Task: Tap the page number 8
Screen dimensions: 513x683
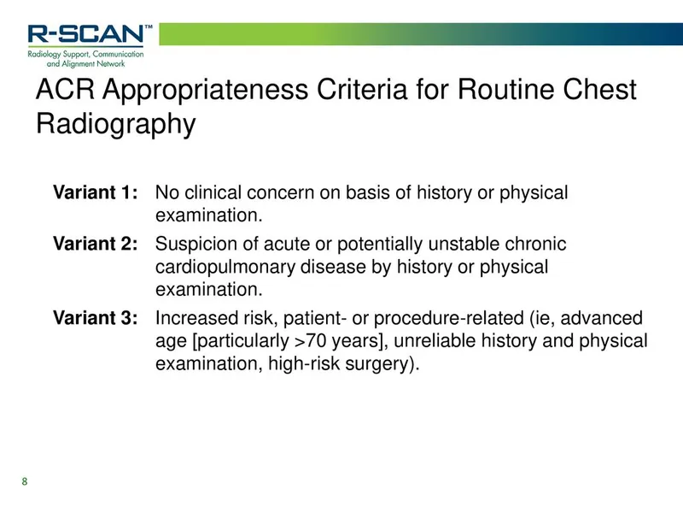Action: coord(25,482)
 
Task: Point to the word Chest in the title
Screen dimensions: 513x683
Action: coord(598,90)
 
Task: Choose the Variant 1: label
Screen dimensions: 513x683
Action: coord(95,193)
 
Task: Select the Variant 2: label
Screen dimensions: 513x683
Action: coord(95,245)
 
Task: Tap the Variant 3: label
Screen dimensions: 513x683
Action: coord(95,319)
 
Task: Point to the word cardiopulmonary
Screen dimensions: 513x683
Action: coord(225,267)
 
